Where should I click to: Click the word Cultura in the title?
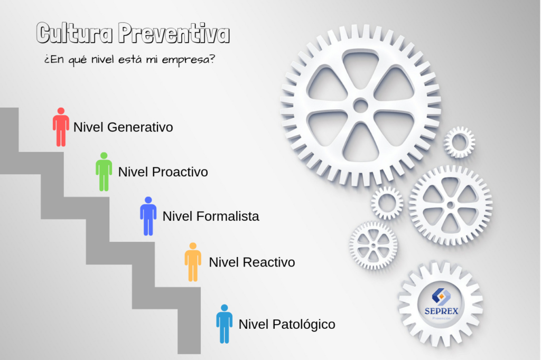click(74, 33)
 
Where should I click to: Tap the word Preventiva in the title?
click(173, 33)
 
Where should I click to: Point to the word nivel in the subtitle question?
click(102, 59)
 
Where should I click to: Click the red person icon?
click(61, 127)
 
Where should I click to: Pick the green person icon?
click(104, 172)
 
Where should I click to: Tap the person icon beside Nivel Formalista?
click(148, 216)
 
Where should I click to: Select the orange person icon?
click(193, 262)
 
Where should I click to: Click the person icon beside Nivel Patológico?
click(224, 324)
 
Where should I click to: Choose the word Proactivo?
click(180, 172)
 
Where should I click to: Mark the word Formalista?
click(228, 216)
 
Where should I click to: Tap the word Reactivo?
click(269, 262)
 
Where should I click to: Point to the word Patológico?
click(304, 325)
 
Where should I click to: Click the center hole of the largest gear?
click(360, 106)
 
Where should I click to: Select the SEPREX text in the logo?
click(441, 311)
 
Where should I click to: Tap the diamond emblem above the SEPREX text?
click(441, 297)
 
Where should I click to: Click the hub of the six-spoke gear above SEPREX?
click(450, 205)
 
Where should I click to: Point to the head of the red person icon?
click(61, 111)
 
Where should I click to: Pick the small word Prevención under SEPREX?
click(441, 318)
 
